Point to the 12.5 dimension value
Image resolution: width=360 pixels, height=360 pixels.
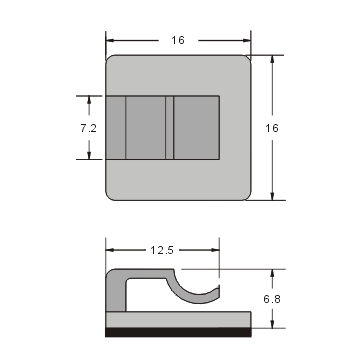tap(163, 247)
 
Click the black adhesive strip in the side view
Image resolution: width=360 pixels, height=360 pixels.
tap(178, 332)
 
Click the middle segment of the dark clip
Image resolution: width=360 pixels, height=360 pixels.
tap(149, 127)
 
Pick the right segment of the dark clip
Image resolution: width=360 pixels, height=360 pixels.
tap(196, 127)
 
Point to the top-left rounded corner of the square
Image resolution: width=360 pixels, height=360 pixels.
tap(111, 60)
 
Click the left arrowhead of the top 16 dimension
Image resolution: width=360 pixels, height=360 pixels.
tap(111, 40)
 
